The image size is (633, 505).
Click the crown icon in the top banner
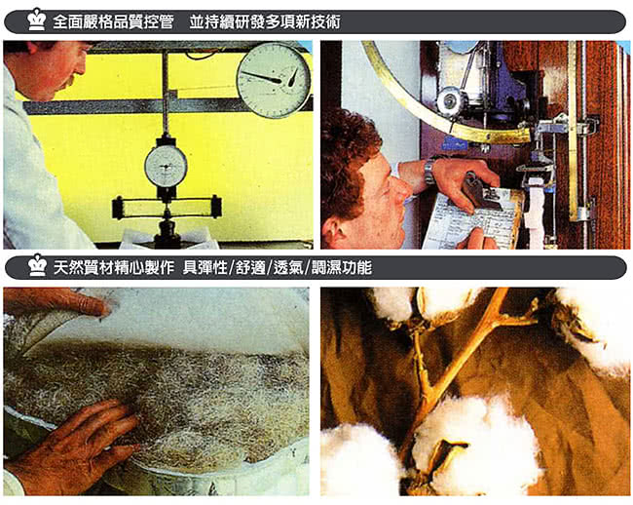37,19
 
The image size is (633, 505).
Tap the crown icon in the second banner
38,265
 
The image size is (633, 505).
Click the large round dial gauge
275,80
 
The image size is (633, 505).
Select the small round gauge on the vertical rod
166,166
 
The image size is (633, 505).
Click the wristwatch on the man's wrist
428,172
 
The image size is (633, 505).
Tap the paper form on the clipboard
470,219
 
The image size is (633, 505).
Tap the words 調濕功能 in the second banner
342,267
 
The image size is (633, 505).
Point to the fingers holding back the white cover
56,301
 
